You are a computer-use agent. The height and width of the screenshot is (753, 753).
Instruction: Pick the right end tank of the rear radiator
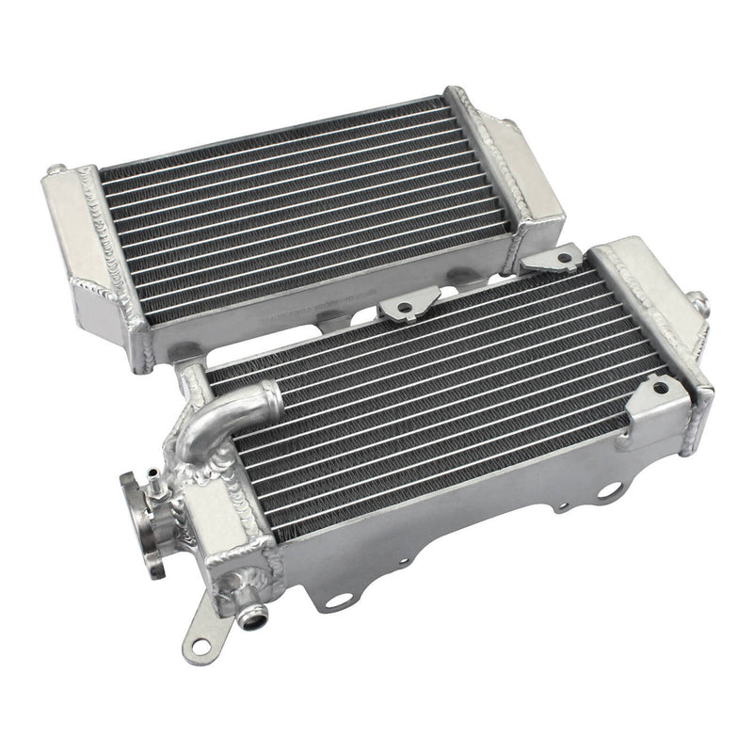click(504, 165)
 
